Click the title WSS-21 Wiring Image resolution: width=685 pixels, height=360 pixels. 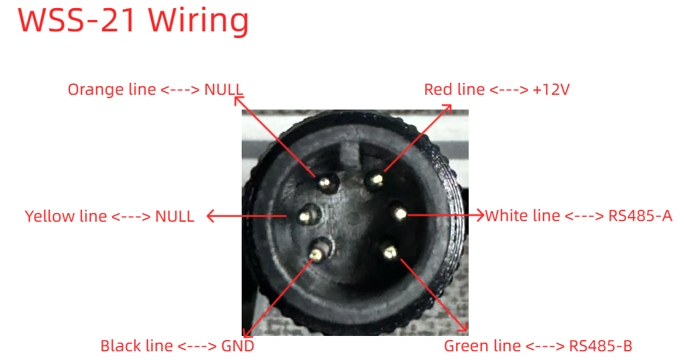[134, 21]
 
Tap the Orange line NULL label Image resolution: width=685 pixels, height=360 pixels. [155, 89]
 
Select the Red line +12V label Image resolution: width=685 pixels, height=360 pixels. [497, 89]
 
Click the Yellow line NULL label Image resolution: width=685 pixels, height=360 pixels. [109, 216]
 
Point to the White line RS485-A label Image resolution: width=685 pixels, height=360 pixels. [579, 216]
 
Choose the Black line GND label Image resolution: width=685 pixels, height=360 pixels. [178, 346]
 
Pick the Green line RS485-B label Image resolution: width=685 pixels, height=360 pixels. [538, 346]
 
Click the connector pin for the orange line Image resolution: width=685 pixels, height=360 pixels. [326, 182]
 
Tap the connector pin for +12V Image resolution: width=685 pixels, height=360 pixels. [376, 180]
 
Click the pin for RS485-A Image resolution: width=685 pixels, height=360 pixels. [400, 214]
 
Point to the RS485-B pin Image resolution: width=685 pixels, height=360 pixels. [389, 251]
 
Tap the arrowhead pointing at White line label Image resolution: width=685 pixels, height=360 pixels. [479, 215]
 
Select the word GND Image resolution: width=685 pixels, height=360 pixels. [238, 346]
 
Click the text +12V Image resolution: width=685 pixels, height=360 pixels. [551, 89]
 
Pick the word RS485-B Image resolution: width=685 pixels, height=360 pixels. [601, 346]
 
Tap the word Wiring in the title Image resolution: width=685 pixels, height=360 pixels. [199, 21]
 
